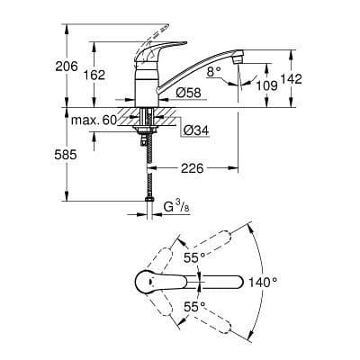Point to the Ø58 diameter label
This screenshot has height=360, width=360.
pos(188,92)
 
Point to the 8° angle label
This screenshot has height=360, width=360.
pos(212,69)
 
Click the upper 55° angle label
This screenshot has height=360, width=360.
pos(191,257)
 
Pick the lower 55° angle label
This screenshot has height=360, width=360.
pos(192,306)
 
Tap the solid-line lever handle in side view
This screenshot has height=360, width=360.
pos(145,57)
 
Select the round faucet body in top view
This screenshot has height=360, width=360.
pos(147,281)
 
